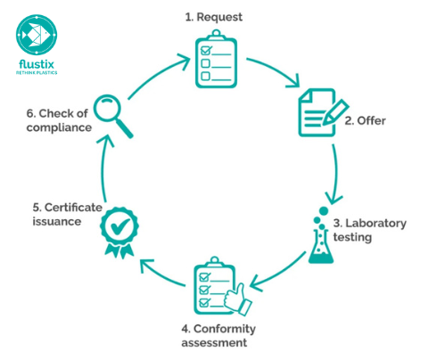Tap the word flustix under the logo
pos(37,65)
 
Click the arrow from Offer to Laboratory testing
pos(336,174)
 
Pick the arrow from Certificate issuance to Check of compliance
pos(103,171)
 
